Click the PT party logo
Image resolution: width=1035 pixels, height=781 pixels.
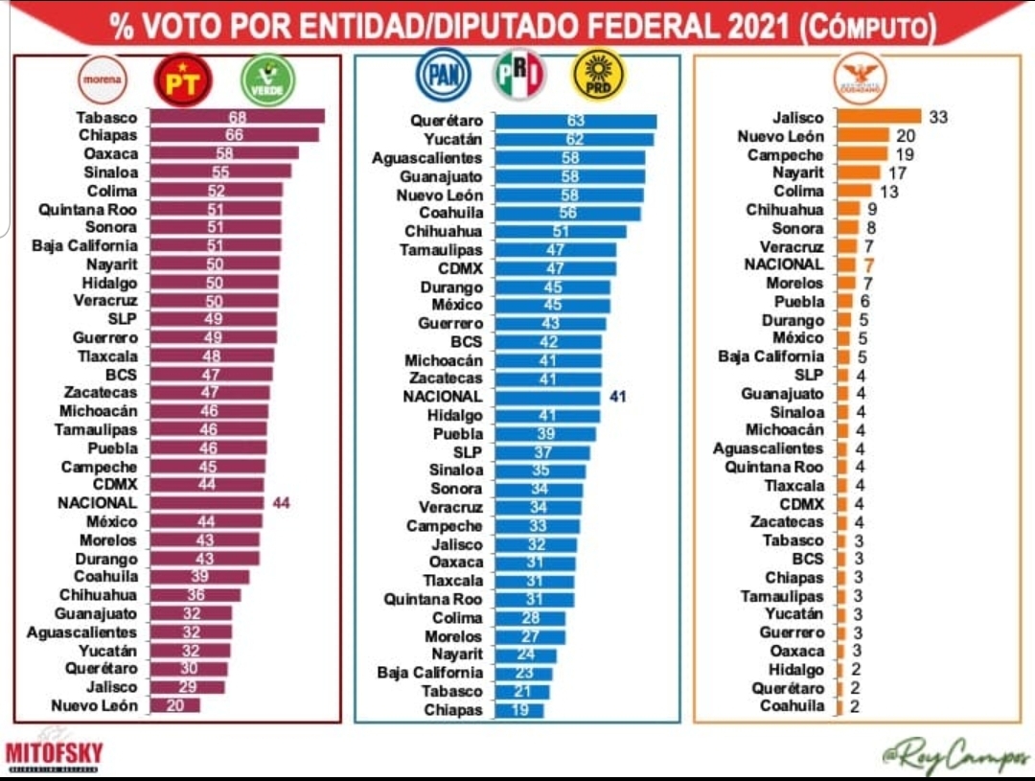(x=183, y=80)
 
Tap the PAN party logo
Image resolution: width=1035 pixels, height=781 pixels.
(x=443, y=75)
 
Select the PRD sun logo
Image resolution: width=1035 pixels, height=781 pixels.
(x=598, y=76)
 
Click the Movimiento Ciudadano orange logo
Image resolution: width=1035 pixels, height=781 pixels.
(x=860, y=78)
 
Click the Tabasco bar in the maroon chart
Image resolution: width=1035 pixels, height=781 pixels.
(x=237, y=117)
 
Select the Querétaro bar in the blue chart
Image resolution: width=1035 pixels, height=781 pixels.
(x=576, y=122)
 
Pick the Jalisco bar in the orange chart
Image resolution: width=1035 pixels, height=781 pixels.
(x=878, y=117)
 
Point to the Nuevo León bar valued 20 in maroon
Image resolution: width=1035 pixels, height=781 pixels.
(x=174, y=705)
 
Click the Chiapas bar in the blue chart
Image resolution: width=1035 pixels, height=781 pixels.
(x=519, y=710)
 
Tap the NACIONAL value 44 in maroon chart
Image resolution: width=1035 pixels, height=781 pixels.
(x=281, y=502)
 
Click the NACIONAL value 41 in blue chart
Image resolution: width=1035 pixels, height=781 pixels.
(x=618, y=396)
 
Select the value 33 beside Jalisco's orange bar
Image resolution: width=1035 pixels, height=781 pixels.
(x=938, y=117)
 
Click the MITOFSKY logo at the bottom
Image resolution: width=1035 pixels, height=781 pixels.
(x=54, y=753)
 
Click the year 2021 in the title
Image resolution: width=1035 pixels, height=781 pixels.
(x=755, y=26)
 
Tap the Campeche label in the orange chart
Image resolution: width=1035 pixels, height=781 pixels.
(x=785, y=154)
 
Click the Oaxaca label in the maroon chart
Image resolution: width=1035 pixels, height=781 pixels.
(x=110, y=153)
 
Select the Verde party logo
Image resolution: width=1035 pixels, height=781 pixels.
(x=267, y=80)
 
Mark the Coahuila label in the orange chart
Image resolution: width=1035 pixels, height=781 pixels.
(x=792, y=706)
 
